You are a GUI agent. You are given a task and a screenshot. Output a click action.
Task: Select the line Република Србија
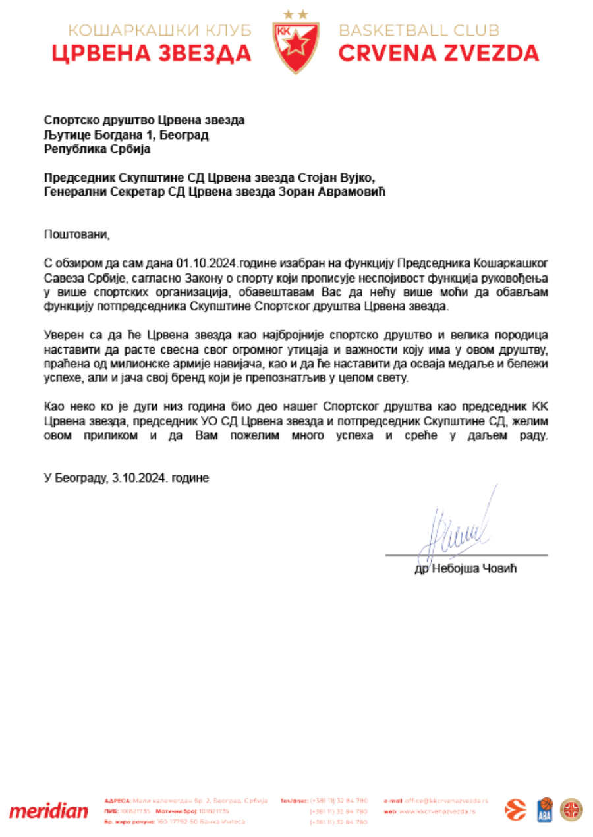[97, 148]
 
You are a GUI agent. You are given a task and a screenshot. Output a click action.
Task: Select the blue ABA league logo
[545, 809]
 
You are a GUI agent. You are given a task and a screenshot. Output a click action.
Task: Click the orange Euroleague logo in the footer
[516, 809]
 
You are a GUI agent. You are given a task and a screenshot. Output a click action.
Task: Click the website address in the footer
[439, 811]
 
